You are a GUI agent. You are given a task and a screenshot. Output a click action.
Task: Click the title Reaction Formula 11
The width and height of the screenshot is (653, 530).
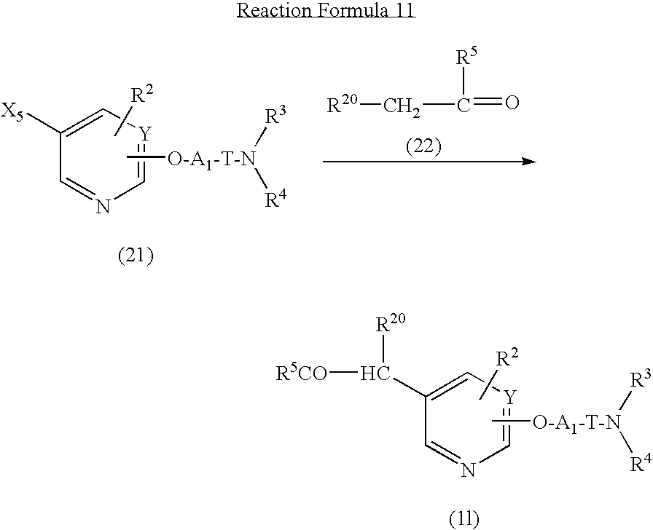tap(326, 10)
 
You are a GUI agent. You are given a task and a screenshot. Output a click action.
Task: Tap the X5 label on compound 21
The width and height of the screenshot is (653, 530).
tap(12, 113)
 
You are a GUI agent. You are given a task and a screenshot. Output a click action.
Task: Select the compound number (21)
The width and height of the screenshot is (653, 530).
tap(136, 256)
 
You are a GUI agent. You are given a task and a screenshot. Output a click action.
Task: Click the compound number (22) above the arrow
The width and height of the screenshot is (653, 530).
tap(423, 146)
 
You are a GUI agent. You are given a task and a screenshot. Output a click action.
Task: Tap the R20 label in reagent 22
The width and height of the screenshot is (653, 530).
tap(343, 105)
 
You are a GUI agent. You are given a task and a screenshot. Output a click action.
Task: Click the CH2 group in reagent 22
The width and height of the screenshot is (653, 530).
tap(402, 106)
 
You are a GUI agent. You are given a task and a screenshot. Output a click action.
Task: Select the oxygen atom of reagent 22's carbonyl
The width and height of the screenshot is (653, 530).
tap(512, 103)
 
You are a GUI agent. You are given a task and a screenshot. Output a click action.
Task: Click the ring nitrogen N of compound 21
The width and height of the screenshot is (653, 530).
tap(103, 206)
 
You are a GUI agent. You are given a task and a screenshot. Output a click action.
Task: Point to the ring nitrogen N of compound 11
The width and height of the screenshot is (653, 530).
tap(469, 470)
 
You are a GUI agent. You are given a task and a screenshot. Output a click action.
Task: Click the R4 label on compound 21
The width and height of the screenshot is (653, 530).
tap(276, 199)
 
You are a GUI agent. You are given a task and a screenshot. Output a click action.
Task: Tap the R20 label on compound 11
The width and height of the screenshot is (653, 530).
tap(391, 323)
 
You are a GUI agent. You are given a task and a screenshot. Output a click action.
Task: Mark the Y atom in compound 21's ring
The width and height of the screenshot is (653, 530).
tap(144, 133)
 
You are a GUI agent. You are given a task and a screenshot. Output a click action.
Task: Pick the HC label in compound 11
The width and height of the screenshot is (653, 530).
tap(375, 374)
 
